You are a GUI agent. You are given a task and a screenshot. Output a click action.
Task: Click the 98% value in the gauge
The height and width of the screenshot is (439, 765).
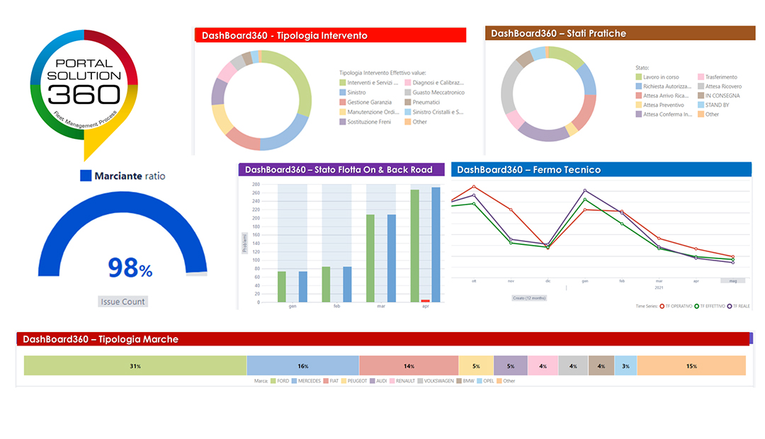(x=130, y=268)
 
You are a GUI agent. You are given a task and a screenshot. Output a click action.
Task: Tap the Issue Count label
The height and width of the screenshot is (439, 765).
(x=123, y=302)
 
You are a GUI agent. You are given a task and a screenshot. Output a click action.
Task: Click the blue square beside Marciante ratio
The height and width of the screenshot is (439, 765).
(x=86, y=176)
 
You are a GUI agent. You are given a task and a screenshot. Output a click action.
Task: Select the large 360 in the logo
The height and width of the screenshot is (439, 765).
(x=84, y=93)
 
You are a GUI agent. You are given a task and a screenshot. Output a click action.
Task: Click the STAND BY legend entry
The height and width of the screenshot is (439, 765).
(x=717, y=105)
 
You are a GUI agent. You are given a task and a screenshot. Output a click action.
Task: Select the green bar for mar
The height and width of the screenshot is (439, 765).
(x=370, y=258)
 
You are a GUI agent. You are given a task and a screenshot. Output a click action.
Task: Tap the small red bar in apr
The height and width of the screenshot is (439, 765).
(x=425, y=301)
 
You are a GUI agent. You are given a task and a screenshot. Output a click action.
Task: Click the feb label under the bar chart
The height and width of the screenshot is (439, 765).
(x=336, y=307)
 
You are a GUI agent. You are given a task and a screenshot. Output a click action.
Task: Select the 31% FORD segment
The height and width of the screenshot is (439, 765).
(x=135, y=365)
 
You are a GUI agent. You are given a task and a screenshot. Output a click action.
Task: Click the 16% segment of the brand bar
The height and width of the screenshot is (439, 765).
(x=302, y=365)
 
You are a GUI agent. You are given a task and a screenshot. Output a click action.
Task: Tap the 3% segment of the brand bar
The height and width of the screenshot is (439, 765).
(x=625, y=365)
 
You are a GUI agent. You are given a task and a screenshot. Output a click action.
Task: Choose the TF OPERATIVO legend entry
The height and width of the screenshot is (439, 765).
(x=681, y=306)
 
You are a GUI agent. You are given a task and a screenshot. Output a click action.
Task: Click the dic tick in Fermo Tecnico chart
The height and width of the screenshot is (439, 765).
(x=548, y=280)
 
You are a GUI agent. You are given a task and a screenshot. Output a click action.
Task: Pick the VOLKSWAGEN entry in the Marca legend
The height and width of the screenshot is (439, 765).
(x=438, y=381)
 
